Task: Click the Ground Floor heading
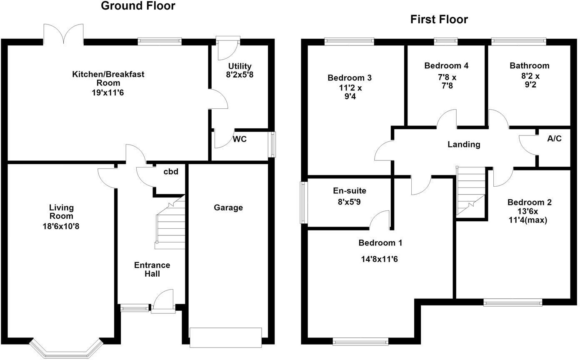coord(138,6)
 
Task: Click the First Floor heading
coord(439,20)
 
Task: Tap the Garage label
coord(228,208)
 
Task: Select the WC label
coord(240,139)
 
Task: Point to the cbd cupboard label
coord(171,171)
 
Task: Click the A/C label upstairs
coord(554,139)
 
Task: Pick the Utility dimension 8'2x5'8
coord(240,75)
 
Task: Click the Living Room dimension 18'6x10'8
coord(61,226)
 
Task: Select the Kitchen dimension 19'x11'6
coord(108,92)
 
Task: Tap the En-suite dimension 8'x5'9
coord(349,202)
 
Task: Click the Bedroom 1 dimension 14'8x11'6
coord(379,259)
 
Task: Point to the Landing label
coord(464,144)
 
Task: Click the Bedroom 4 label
coord(446,65)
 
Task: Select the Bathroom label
coord(530,65)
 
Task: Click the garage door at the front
coord(225,337)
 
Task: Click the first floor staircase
coord(470,191)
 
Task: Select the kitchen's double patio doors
coord(63,34)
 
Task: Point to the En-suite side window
coord(302,202)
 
